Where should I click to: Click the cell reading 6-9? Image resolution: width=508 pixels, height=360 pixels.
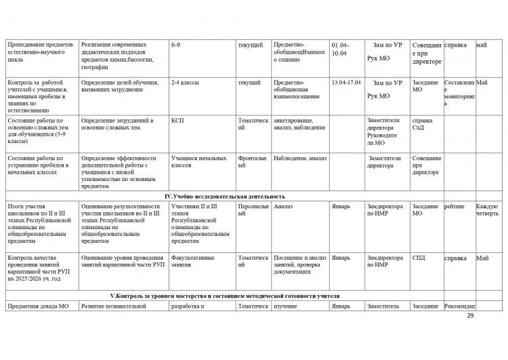tap(176, 45)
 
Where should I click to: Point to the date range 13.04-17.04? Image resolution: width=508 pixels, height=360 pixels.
tap(345, 83)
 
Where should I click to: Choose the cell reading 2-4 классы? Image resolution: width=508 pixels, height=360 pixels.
tap(184, 83)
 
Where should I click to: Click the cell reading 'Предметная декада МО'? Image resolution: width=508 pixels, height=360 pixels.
tap(39, 306)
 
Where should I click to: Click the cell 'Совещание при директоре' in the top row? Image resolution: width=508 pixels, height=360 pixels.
tap(427, 53)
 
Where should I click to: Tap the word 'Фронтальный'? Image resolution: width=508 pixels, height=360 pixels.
tap(252, 161)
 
